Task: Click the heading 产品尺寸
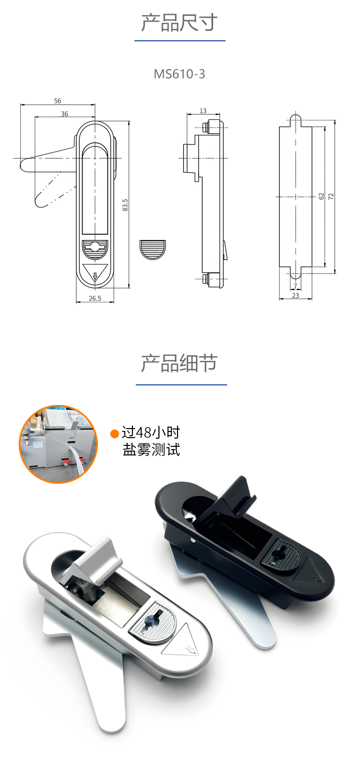[180, 23]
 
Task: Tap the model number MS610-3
[180, 74]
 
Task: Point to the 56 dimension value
[58, 101]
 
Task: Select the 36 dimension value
[64, 114]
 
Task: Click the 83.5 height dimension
[125, 205]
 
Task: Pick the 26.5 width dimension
[95, 298]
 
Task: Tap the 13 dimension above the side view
[203, 111]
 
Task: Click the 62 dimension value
[321, 196]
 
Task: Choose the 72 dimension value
[331, 196]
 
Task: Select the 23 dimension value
[296, 295]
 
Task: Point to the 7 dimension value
[296, 286]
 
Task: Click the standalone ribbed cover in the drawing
[153, 250]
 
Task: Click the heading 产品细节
[180, 363]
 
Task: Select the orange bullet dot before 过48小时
[115, 433]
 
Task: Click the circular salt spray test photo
[59, 444]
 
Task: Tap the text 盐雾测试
[151, 450]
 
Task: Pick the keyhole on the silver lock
[152, 620]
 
